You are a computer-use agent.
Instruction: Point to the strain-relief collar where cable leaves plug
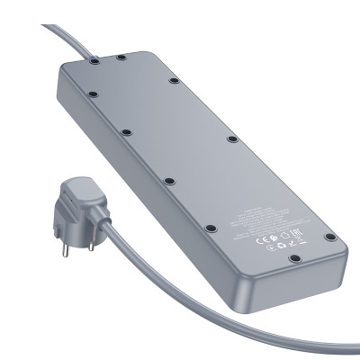pyautogui.click(x=106, y=228)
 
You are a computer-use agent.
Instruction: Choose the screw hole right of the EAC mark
pyautogui.click(x=330, y=237)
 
